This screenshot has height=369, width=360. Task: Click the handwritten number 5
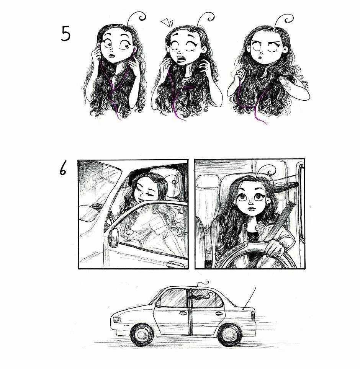tap(66, 34)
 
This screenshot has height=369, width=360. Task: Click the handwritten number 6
tap(63, 169)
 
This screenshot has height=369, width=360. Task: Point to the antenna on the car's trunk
tap(249, 298)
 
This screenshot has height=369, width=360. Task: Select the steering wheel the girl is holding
tap(253, 255)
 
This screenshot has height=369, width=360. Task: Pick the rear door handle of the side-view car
tap(219, 313)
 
